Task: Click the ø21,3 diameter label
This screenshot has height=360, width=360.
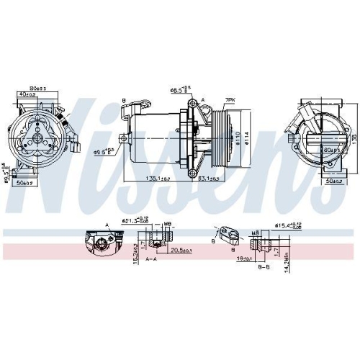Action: tap(132, 222)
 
